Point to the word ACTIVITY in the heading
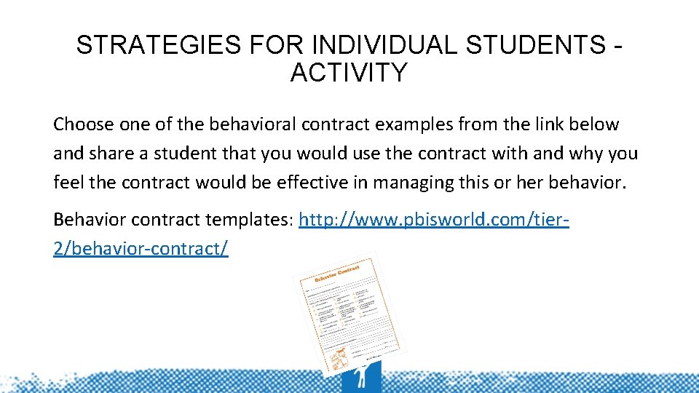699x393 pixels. click(349, 73)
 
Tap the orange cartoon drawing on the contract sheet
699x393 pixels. click(338, 356)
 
